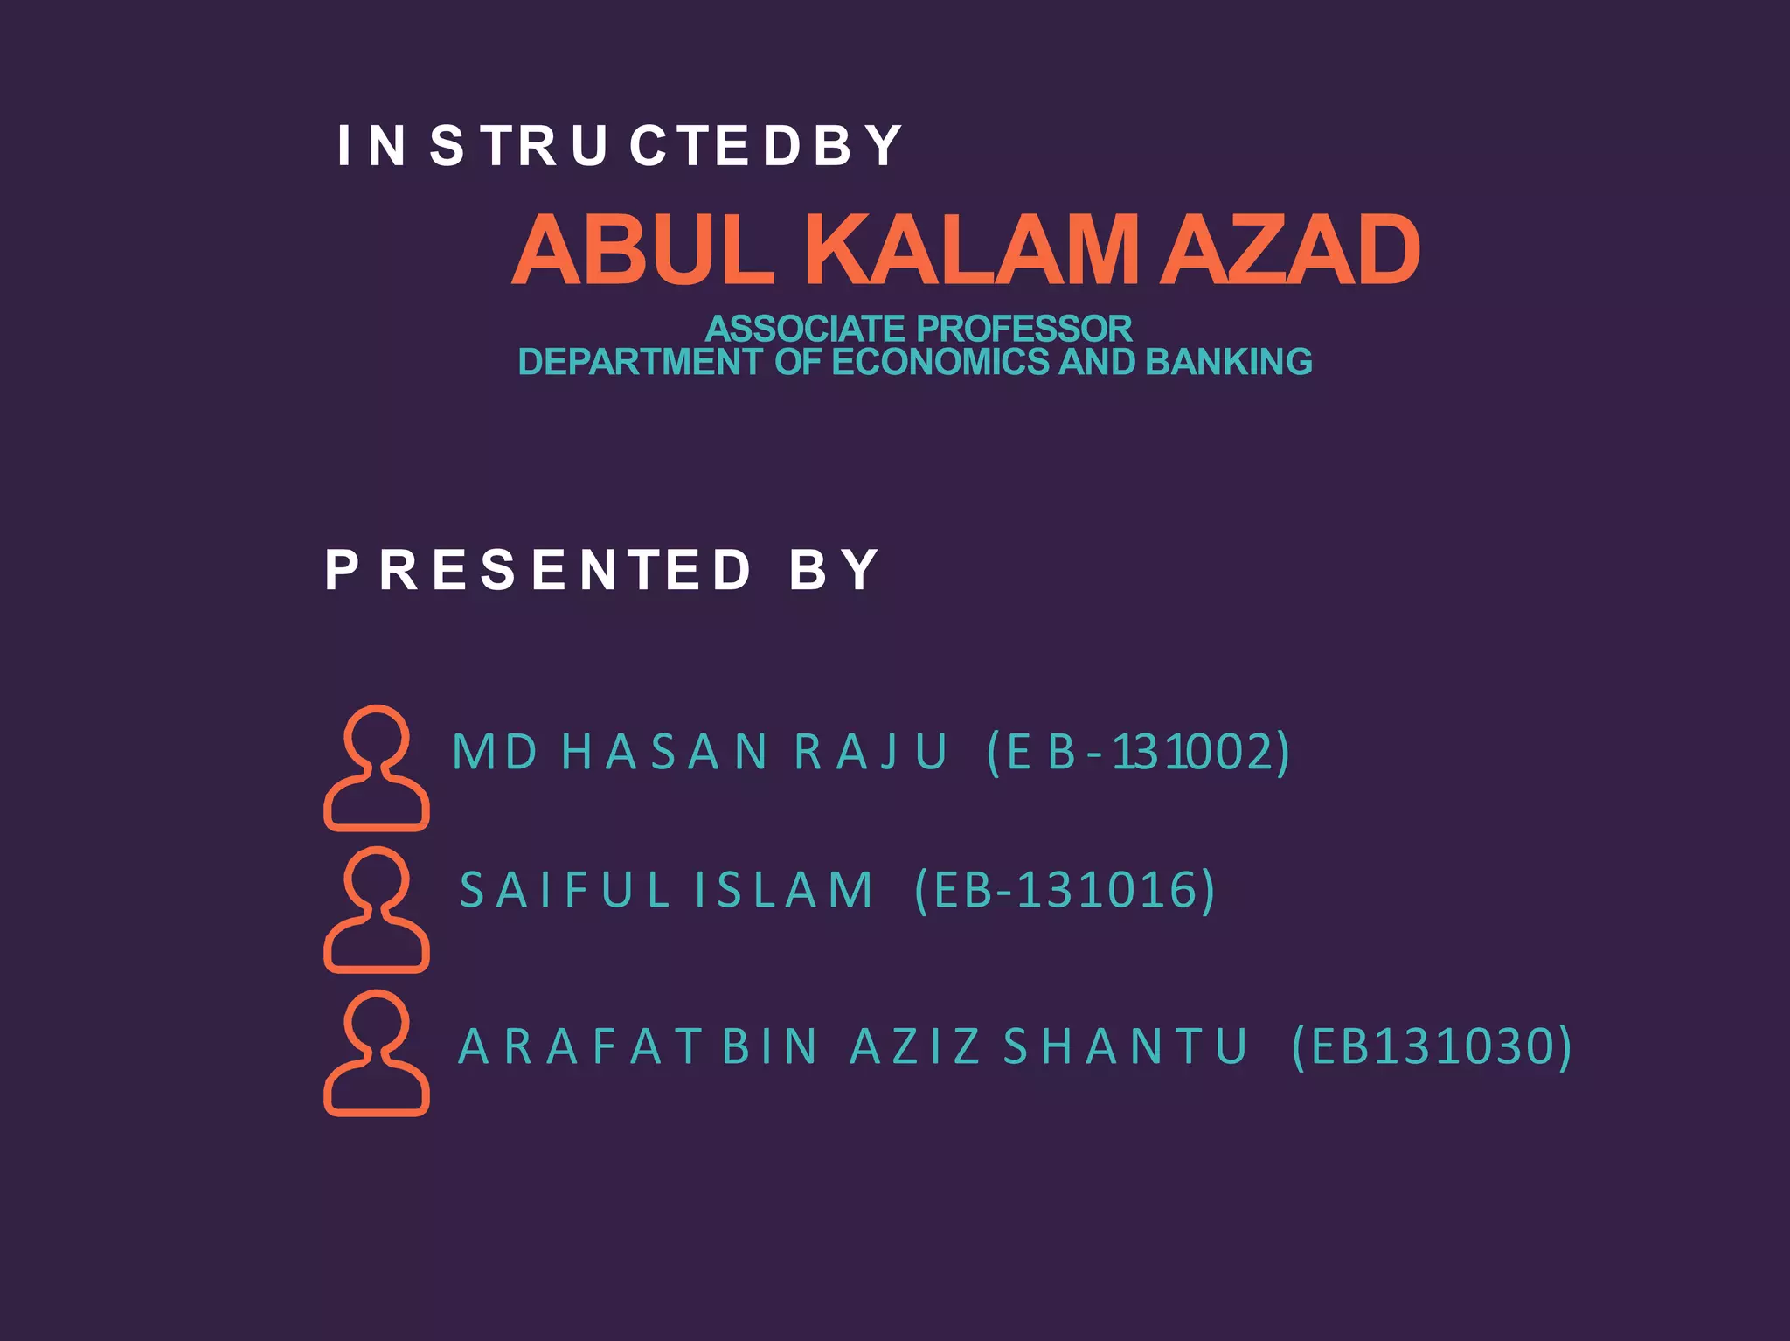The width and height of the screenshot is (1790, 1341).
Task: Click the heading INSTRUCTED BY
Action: tap(619, 145)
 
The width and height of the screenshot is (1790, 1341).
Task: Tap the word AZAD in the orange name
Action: tap(1289, 251)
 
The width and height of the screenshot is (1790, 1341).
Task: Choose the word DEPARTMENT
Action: tap(640, 362)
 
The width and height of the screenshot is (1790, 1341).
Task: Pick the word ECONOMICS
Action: tap(940, 362)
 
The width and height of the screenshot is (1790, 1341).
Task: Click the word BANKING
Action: tap(1228, 362)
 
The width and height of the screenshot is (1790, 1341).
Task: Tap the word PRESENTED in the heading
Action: tap(538, 570)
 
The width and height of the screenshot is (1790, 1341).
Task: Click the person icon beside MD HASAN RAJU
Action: tap(377, 768)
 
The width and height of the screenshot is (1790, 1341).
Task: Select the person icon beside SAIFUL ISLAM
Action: tap(377, 910)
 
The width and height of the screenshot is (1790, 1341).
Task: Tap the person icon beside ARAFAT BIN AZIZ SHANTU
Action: tap(377, 1053)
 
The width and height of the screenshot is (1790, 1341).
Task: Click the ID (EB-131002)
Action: tap(1138, 752)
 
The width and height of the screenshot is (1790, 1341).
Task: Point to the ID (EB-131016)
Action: tap(1065, 890)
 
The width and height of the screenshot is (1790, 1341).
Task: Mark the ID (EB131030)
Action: tap(1432, 1046)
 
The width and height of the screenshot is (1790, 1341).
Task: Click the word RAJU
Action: tap(871, 752)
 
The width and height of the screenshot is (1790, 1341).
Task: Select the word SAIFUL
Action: tap(565, 890)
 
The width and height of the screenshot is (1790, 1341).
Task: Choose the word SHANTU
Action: tap(1126, 1046)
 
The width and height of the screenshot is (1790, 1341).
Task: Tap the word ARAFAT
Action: tap(579, 1046)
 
